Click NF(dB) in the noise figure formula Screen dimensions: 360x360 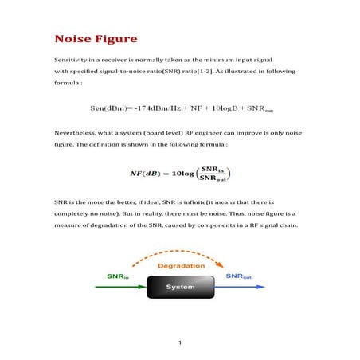point(149,172)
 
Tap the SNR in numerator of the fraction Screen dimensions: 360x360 point(212,168)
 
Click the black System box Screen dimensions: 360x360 point(180,285)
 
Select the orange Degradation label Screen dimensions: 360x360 point(179,265)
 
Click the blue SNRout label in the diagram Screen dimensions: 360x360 point(240,276)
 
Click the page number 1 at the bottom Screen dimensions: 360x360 point(180,343)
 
